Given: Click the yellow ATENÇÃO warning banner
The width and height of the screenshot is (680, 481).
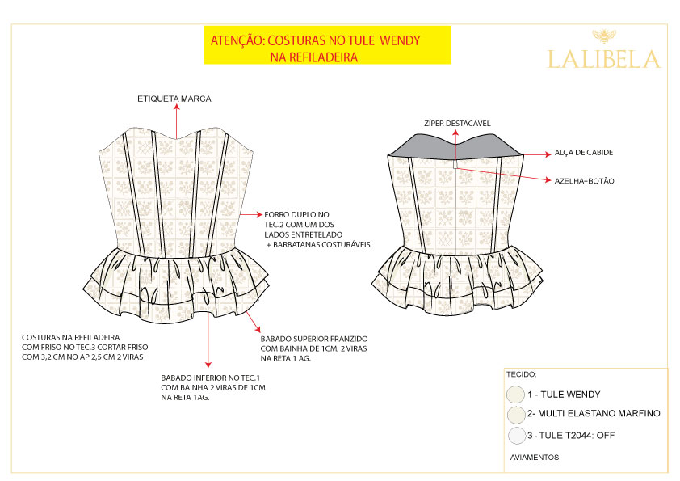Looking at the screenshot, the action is [x=327, y=45].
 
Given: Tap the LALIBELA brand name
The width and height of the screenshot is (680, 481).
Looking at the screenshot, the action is [x=603, y=59].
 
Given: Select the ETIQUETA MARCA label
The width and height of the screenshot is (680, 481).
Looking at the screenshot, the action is [x=174, y=99].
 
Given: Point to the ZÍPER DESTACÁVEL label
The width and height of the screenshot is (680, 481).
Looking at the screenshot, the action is [x=457, y=124].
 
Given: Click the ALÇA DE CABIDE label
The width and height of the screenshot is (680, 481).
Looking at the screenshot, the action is [x=584, y=152].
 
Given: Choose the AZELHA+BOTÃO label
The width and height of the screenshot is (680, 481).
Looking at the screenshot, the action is [x=584, y=181].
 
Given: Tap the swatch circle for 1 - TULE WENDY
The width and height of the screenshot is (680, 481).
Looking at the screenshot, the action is [x=515, y=395].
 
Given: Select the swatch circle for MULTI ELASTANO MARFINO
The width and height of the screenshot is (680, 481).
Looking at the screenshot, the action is [x=516, y=415].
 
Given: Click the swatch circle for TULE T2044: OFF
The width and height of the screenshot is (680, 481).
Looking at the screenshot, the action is [x=517, y=436].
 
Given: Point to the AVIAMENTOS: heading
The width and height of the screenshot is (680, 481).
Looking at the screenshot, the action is [x=535, y=457].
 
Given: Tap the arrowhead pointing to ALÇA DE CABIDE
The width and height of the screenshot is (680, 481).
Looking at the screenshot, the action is [x=548, y=154].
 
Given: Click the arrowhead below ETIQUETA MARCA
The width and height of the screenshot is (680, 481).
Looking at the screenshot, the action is [x=177, y=108].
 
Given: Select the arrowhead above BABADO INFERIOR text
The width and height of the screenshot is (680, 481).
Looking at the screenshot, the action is [x=208, y=365].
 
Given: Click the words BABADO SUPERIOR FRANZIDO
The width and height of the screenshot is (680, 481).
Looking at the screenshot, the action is [x=314, y=339].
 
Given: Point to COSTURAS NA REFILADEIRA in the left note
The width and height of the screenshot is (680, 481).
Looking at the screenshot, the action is [x=71, y=337].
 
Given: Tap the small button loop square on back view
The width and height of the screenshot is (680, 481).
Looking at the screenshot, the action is [x=455, y=165].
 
